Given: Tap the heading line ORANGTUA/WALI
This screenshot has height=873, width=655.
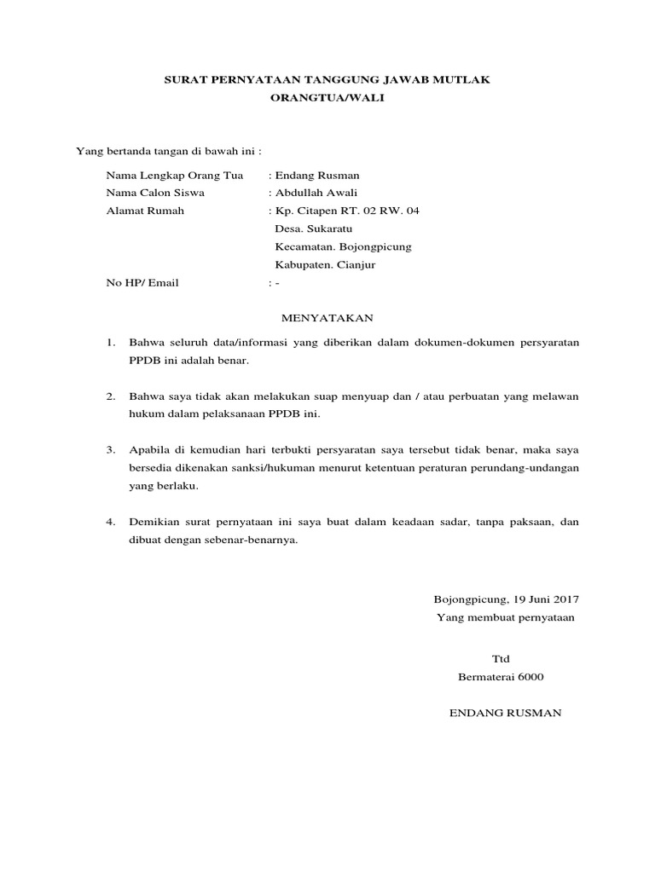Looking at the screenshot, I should coord(327,98).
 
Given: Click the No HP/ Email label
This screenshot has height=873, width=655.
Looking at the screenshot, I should coord(142,282).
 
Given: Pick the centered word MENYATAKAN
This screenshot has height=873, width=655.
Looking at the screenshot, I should coord(327,318).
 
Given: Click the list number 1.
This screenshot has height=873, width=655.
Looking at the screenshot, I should coord(110,343).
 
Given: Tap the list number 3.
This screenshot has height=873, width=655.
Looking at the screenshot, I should coord(110,449).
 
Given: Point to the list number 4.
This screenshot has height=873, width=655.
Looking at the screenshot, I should coord(110,521).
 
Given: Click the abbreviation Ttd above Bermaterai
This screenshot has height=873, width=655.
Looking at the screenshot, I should coord(500,659).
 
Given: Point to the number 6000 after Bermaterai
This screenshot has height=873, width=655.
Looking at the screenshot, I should coord(527,677).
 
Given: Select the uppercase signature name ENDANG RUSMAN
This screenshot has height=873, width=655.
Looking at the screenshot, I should coord(506,713).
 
